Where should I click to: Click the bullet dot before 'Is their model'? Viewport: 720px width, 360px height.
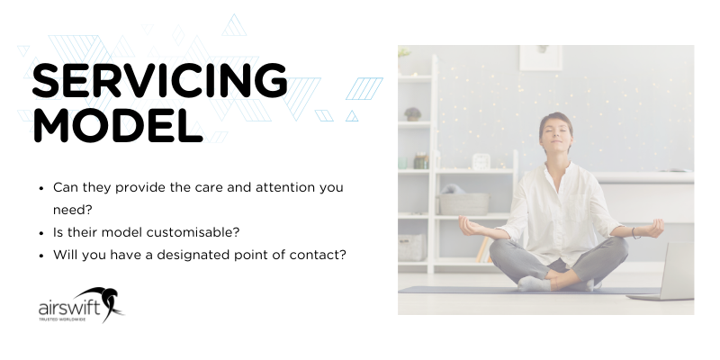point(41,232)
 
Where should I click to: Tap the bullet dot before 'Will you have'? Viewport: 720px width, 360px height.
point(41,255)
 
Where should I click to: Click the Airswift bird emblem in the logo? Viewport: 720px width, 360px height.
point(110,302)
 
